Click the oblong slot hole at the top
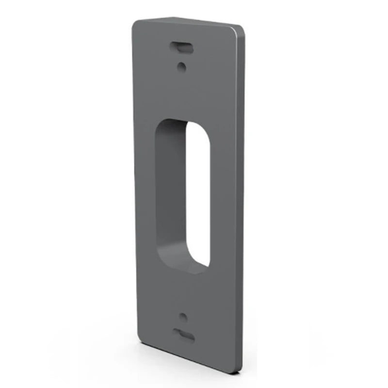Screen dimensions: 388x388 point(182,47)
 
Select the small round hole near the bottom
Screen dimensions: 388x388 point(183,317)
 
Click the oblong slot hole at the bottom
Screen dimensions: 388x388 point(184,335)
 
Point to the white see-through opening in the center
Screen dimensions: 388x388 point(198,194)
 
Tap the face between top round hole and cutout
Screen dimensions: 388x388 point(182,95)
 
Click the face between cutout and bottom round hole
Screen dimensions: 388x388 point(183,291)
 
